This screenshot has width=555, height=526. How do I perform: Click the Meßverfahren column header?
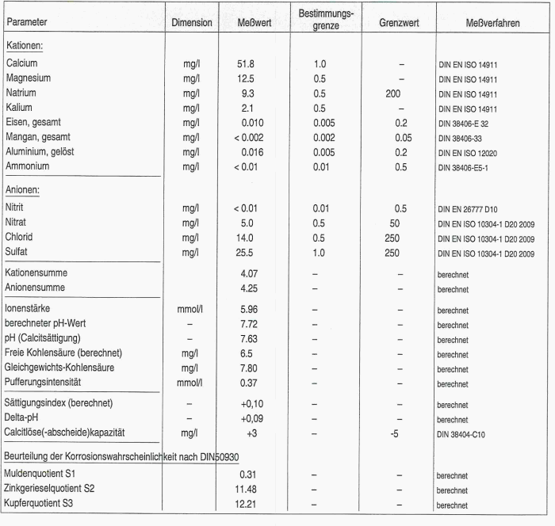pos(492,23)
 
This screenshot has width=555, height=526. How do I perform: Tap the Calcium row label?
pos(22,63)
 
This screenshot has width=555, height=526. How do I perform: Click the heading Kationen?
pos(25,45)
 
